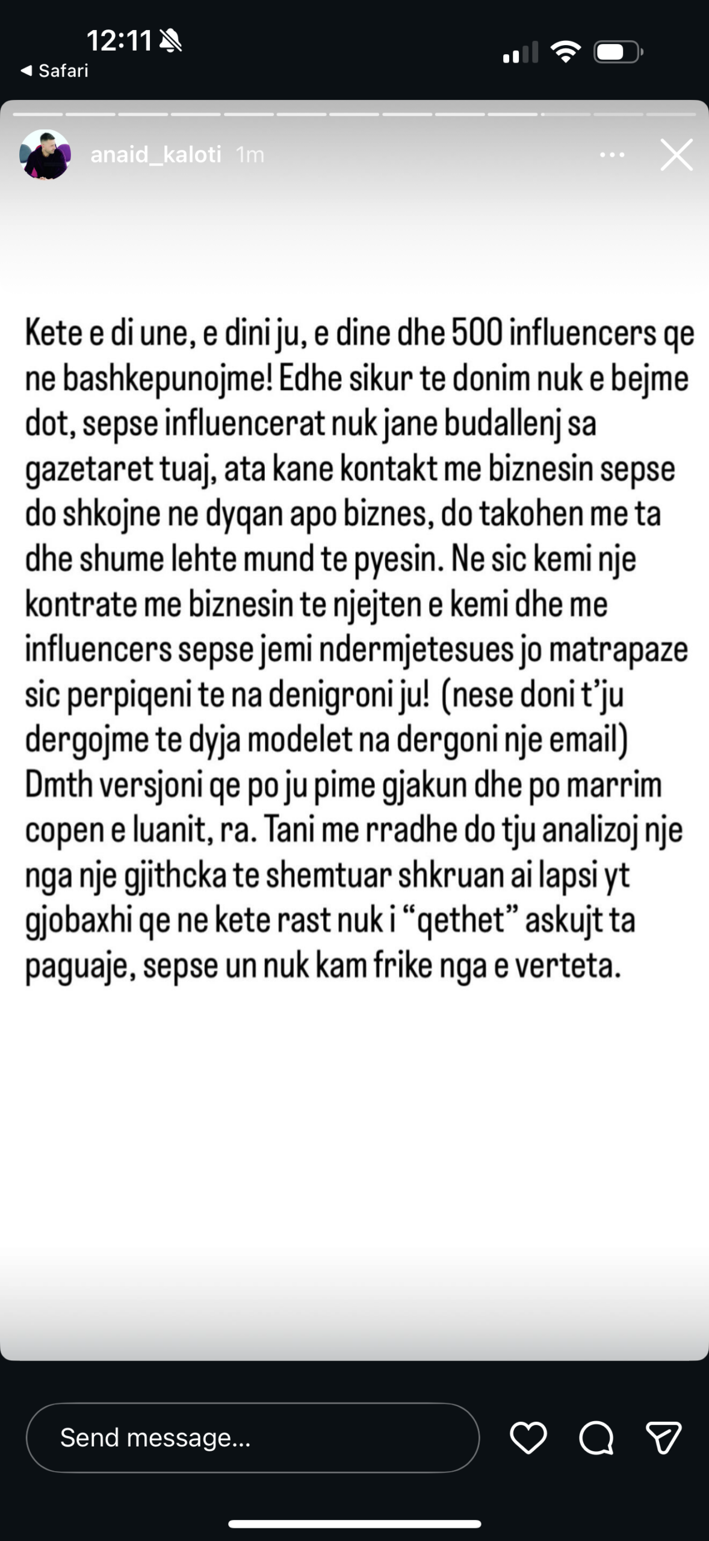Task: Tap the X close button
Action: [x=676, y=155]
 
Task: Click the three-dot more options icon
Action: [x=612, y=155]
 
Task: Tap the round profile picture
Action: [x=45, y=155]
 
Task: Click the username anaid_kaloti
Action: [x=156, y=155]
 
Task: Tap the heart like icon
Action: [x=528, y=1438]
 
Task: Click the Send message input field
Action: [x=253, y=1438]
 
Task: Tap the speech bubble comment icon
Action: [x=596, y=1438]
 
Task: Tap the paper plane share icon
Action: [x=663, y=1438]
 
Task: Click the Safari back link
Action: [x=55, y=71]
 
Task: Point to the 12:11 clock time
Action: [x=119, y=41]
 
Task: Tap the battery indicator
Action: [x=618, y=52]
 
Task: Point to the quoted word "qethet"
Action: [x=461, y=920]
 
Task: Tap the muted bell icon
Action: [x=171, y=41]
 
